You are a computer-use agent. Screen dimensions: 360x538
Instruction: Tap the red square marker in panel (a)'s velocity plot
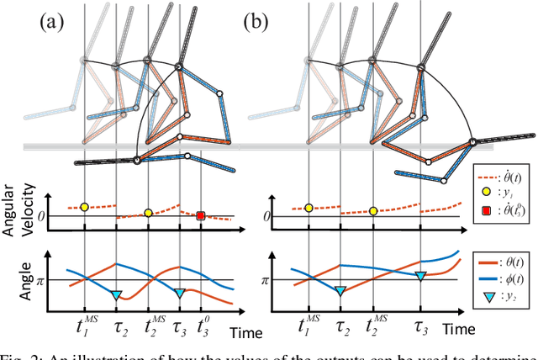pyautogui.click(x=201, y=216)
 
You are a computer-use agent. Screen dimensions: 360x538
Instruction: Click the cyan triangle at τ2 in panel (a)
pyautogui.click(x=117, y=294)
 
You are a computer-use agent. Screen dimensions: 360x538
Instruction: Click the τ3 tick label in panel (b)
pyautogui.click(x=420, y=323)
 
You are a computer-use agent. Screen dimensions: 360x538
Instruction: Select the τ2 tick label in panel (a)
pyautogui.click(x=117, y=323)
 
